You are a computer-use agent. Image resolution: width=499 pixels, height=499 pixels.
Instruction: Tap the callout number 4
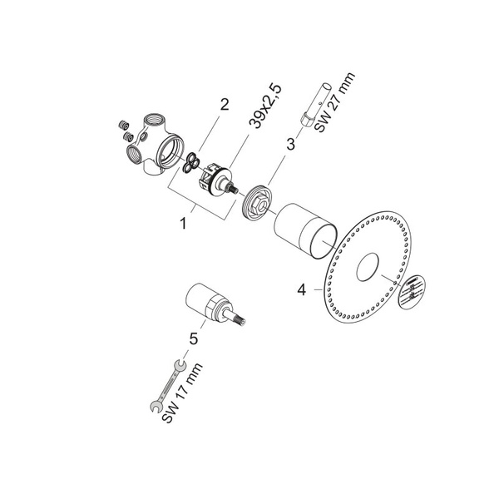coord(303,290)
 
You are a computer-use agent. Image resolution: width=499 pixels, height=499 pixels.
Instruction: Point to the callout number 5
coord(193,338)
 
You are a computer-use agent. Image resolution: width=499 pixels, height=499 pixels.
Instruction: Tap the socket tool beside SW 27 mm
coord(321,104)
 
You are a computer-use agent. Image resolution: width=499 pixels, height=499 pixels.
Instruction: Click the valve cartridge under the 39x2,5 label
coord(215,178)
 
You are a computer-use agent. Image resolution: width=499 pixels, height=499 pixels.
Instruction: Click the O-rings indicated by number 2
coord(193,162)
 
